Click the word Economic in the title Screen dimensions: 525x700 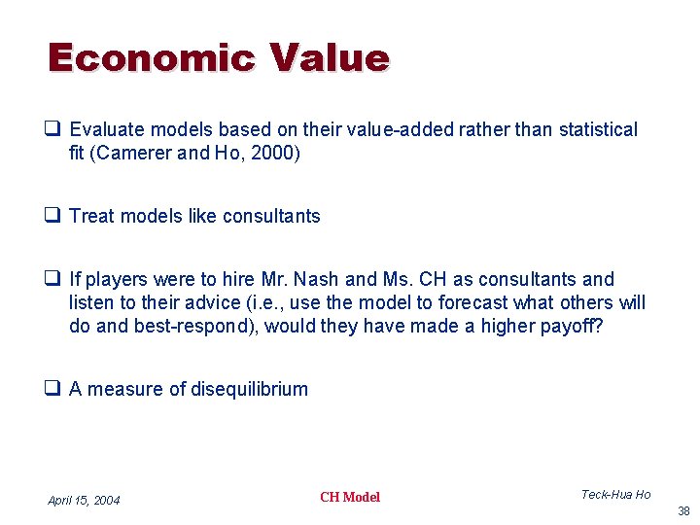click(x=152, y=58)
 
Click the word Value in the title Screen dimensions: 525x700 click(x=331, y=58)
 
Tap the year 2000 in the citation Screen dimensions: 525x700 click(x=274, y=153)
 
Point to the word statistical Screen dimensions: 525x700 click(x=598, y=129)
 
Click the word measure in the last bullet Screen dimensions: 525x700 click(x=124, y=389)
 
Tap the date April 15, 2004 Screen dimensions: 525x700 click(x=84, y=501)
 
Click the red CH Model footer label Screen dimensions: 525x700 click(x=350, y=497)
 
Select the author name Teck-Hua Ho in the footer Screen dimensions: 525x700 click(x=615, y=495)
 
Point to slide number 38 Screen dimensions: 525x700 click(x=683, y=510)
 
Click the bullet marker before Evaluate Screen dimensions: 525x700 click(x=55, y=129)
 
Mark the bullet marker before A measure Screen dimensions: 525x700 click(x=55, y=389)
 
